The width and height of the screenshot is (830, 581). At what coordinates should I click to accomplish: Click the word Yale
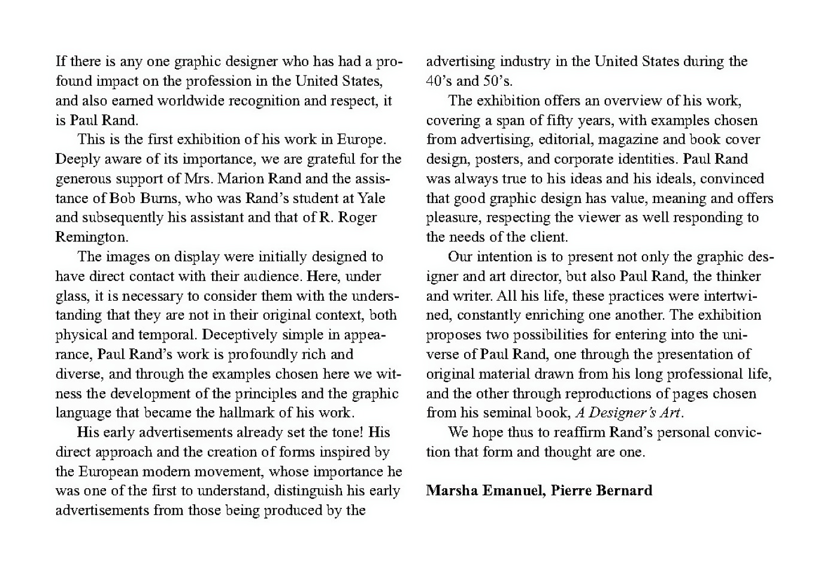371,198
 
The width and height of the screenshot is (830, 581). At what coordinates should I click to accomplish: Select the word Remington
91,237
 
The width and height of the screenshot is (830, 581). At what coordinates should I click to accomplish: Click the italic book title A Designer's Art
628,413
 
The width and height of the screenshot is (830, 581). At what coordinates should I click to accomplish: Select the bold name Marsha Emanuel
485,491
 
